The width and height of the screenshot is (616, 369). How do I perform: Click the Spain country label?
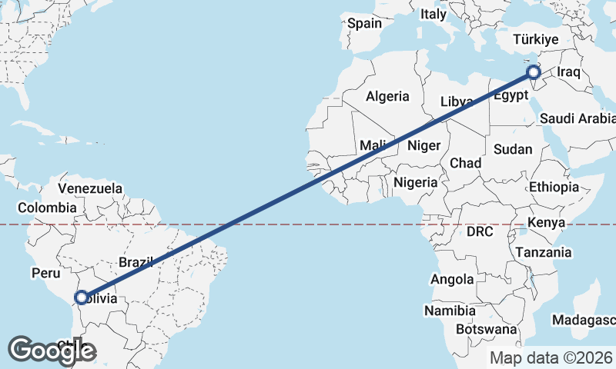364,23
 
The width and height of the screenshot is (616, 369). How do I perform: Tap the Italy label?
433,14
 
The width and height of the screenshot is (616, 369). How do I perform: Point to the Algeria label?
387,97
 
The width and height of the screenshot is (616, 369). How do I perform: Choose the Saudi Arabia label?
577,118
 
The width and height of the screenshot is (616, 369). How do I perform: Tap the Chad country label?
465,163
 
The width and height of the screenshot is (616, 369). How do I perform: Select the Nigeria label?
415,182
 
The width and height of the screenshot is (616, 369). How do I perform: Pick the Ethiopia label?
554,187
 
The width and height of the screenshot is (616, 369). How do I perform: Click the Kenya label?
547,223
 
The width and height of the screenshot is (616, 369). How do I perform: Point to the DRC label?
479,231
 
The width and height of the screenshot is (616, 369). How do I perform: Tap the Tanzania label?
544,252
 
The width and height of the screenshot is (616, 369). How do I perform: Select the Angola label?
452,279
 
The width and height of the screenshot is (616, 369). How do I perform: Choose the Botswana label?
486,329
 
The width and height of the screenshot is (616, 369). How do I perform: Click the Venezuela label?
90,188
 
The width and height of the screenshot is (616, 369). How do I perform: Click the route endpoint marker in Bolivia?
80,298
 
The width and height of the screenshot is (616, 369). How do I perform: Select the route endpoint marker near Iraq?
534,73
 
